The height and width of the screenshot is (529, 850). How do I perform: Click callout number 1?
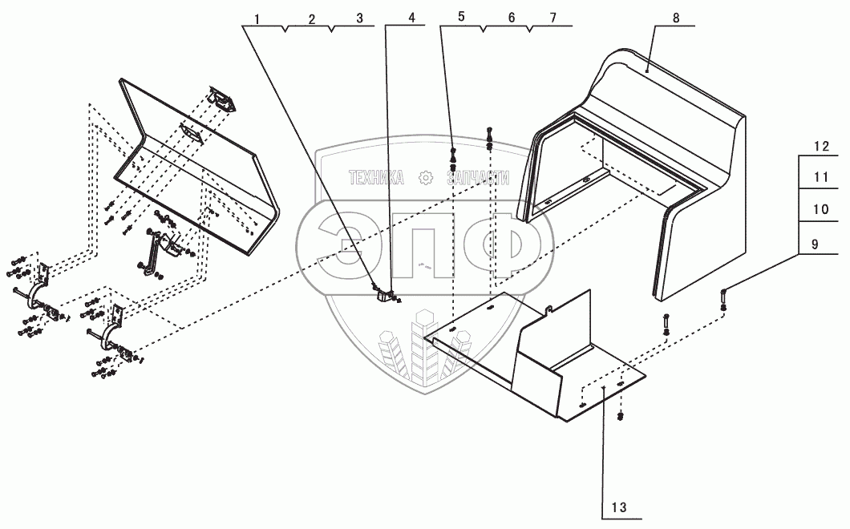pyautogui.click(x=257, y=17)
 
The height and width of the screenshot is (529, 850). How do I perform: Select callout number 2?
pyautogui.click(x=310, y=17)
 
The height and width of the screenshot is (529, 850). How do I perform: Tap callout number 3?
pyautogui.click(x=359, y=17)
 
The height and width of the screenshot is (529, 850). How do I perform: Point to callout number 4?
pyautogui.click(x=411, y=17)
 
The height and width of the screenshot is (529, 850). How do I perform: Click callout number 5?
pyautogui.click(x=461, y=17)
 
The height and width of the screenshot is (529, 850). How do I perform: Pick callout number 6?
pyautogui.click(x=511, y=17)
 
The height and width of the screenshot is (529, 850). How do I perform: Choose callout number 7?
pyautogui.click(x=553, y=17)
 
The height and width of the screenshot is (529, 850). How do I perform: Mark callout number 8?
pyautogui.click(x=677, y=17)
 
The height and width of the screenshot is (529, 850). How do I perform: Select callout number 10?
pyautogui.click(x=820, y=208)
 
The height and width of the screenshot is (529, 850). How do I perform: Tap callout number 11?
pyautogui.click(x=820, y=177)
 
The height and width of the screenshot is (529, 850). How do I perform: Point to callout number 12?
pyautogui.click(x=820, y=147)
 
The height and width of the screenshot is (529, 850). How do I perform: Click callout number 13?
pyautogui.click(x=618, y=507)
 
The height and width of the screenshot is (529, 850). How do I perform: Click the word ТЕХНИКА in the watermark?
pyautogui.click(x=376, y=177)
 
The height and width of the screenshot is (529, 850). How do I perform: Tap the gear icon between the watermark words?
pyautogui.click(x=426, y=177)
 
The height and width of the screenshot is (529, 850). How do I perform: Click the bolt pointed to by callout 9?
pyautogui.click(x=723, y=298)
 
